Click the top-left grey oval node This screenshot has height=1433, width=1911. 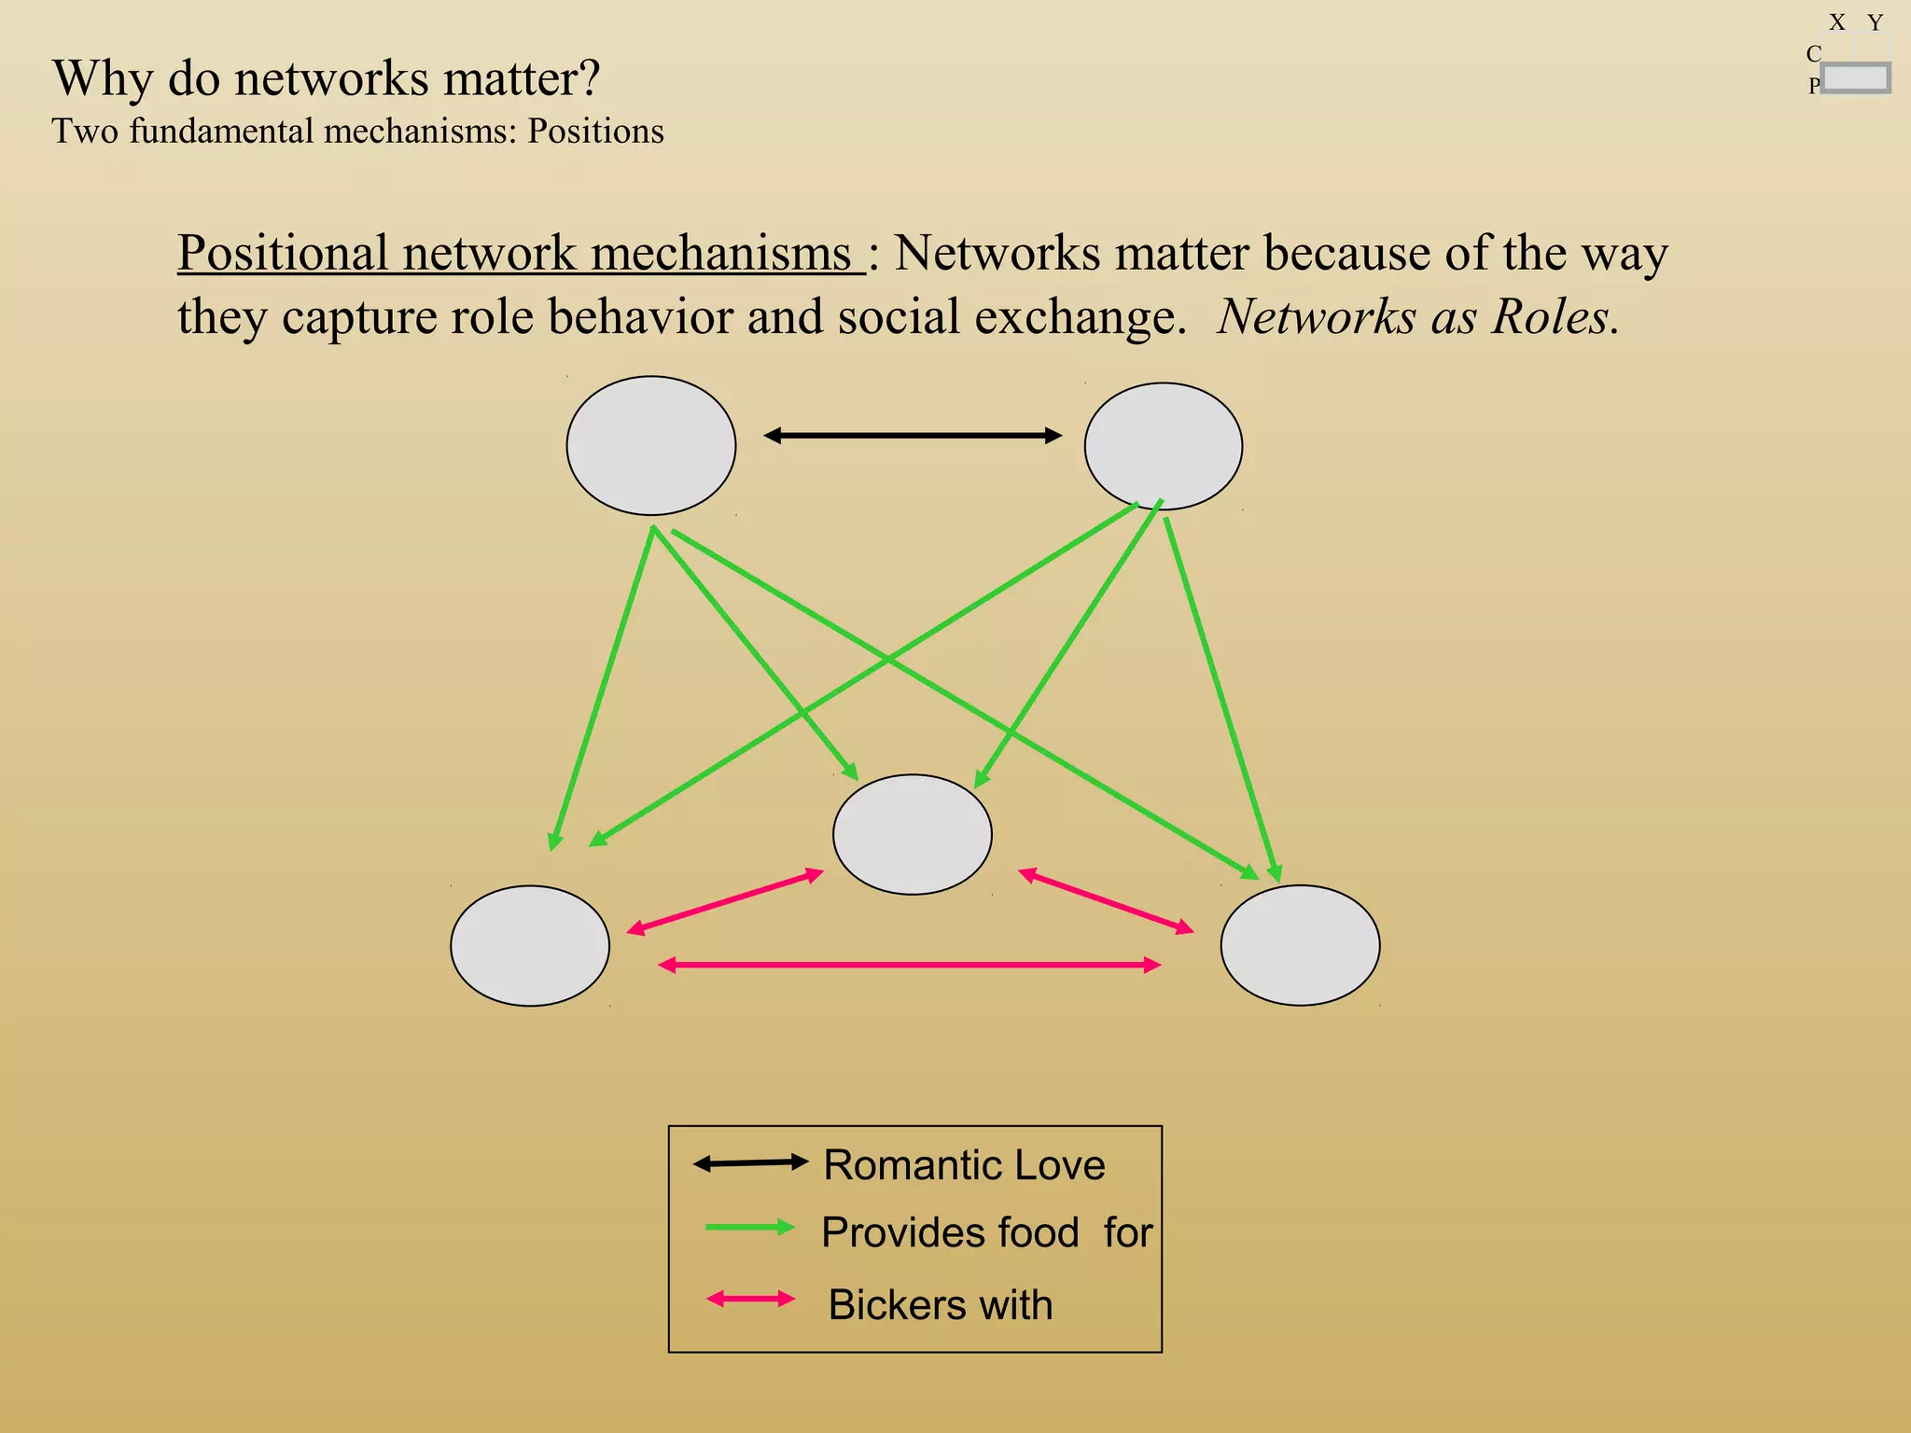650,446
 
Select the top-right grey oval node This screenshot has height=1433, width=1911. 1163,446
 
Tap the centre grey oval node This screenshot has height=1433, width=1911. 912,834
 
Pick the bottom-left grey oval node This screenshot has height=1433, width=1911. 530,945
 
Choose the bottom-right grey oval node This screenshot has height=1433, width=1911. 1300,945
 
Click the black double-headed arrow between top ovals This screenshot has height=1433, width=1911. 913,436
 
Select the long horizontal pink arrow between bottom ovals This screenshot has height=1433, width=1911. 910,965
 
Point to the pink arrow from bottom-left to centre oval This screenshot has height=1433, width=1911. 725,901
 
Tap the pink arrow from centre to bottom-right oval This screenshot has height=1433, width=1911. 1106,901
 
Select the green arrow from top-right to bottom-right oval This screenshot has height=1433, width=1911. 1221,700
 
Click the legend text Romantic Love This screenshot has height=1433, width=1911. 964,1165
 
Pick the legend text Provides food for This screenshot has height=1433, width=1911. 986,1232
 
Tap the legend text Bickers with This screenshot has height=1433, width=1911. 940,1304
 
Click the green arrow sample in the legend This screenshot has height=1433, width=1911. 749,1228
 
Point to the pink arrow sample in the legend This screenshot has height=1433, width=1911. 750,1299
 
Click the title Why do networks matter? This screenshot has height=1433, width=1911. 326,78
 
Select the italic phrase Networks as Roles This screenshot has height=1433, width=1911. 1417,317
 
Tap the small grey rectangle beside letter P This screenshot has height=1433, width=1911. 1855,78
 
